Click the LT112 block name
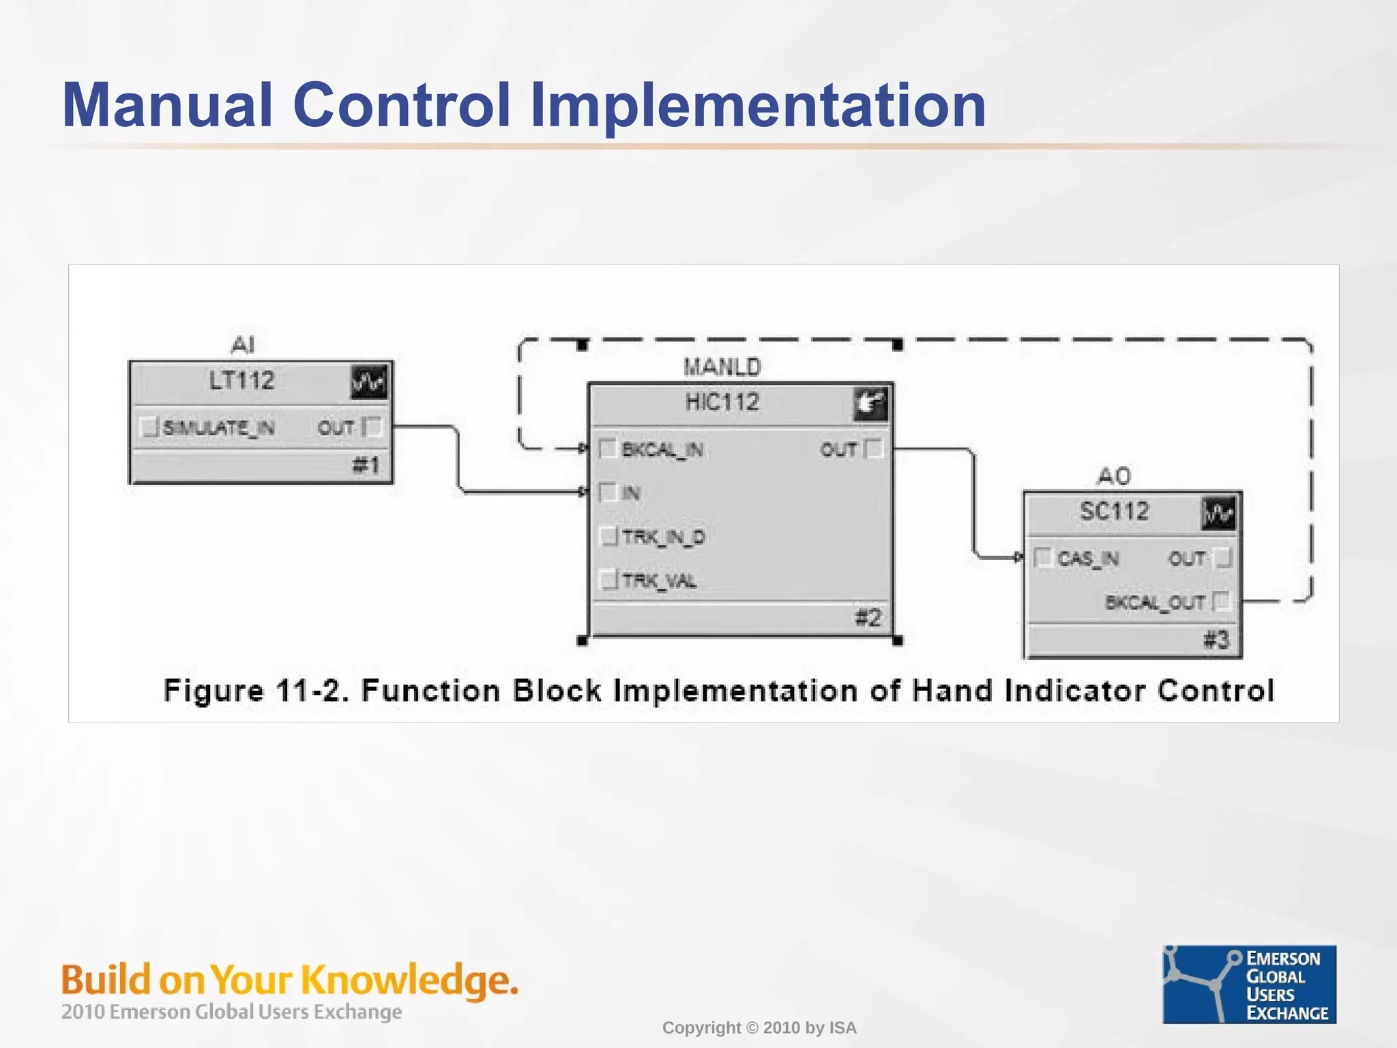pyautogui.click(x=241, y=381)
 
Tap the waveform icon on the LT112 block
pyautogui.click(x=368, y=381)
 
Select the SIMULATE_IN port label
pyautogui.click(x=218, y=428)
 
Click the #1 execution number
pyautogui.click(x=366, y=465)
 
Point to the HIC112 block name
pyautogui.click(x=722, y=403)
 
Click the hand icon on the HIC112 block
pyautogui.click(x=870, y=403)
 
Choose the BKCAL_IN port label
pyautogui.click(x=662, y=450)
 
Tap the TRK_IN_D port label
pyautogui.click(x=663, y=537)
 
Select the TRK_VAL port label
pyautogui.click(x=659, y=581)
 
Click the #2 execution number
pyautogui.click(x=868, y=618)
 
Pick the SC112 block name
pyautogui.click(x=1115, y=511)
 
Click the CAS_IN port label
pyautogui.click(x=1088, y=559)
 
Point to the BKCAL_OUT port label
pyautogui.click(x=1155, y=602)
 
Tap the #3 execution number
pyautogui.click(x=1216, y=640)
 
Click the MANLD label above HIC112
pyautogui.click(x=722, y=367)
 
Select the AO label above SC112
pyautogui.click(x=1114, y=476)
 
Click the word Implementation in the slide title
pyautogui.click(x=758, y=105)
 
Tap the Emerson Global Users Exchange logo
pyautogui.click(x=1249, y=984)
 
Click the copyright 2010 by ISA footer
pyautogui.click(x=759, y=1028)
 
